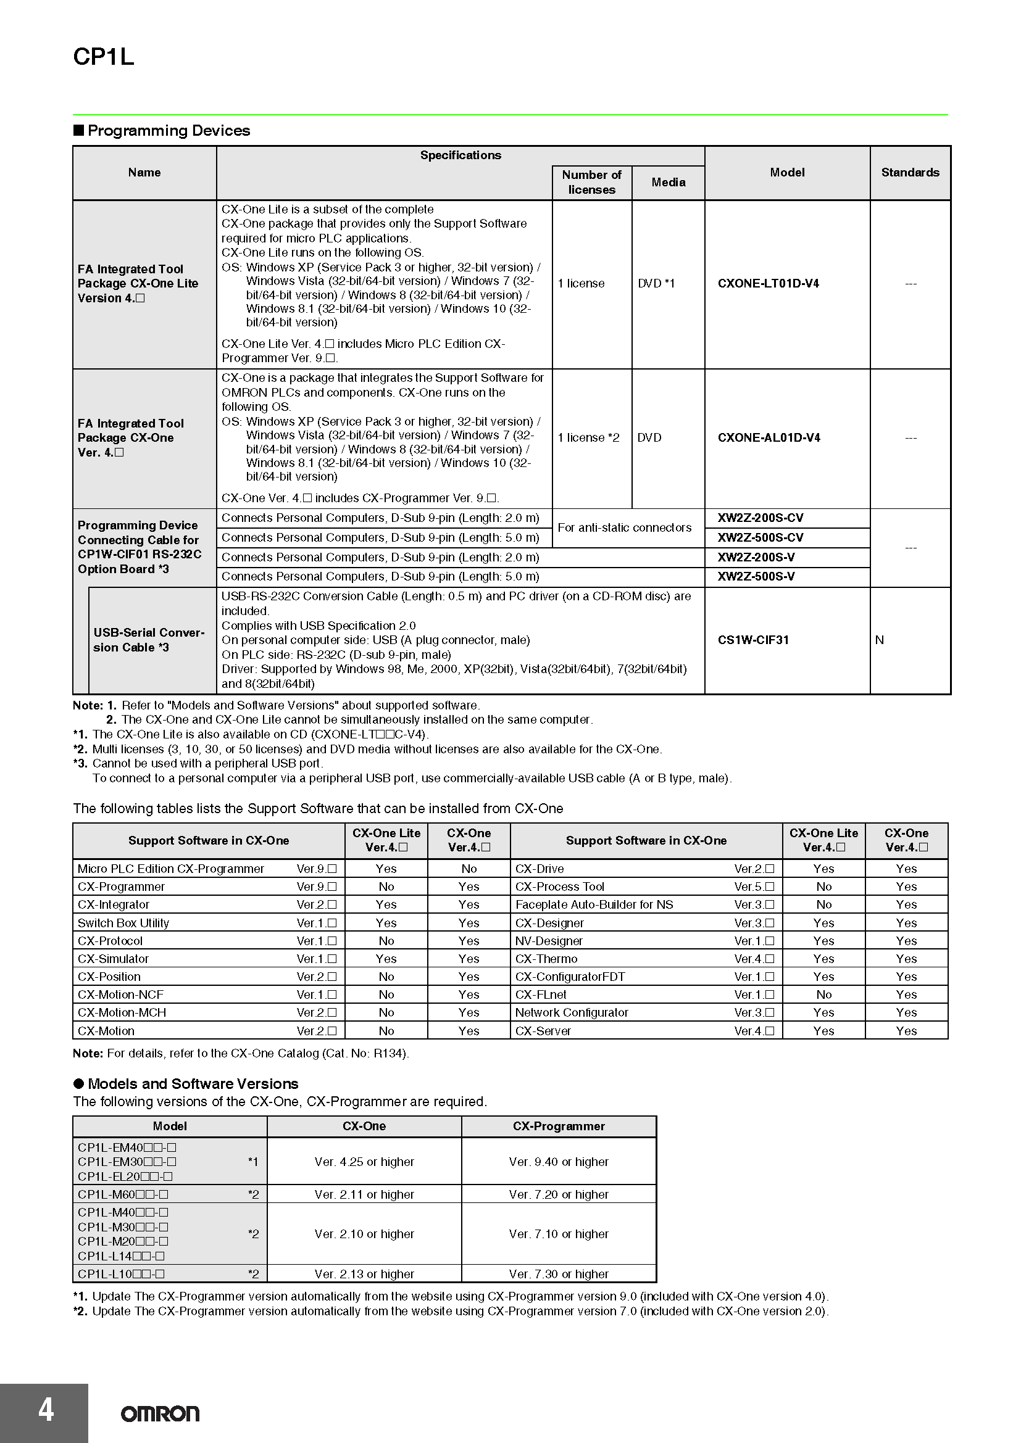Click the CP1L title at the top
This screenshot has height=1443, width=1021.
point(104,57)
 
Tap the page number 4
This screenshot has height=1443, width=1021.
point(46,1410)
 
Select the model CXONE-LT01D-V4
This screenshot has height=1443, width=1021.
point(769,283)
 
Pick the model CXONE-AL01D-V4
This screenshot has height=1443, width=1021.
point(769,437)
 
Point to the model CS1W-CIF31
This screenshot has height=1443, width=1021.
point(753,640)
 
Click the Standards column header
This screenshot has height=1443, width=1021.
point(910,172)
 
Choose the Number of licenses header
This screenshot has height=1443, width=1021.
point(591,182)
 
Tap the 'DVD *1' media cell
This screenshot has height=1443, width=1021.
point(656,283)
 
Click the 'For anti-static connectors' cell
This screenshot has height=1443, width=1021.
point(624,527)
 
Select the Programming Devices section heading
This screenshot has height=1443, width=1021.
point(169,131)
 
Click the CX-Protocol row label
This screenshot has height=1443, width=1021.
point(110,941)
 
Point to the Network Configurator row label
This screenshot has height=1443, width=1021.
point(572,1012)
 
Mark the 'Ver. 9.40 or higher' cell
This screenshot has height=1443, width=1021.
point(558,1162)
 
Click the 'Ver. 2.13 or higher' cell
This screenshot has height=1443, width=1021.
point(364,1274)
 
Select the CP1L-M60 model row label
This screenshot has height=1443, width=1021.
point(123,1194)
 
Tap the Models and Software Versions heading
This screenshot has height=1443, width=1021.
point(193,1083)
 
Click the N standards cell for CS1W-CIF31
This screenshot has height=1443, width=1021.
point(880,640)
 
